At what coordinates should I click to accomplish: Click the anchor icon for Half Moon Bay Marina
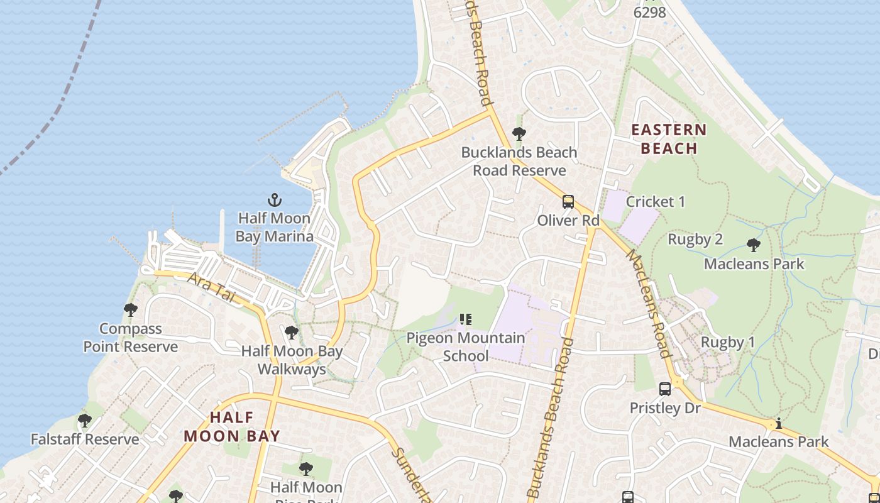275,201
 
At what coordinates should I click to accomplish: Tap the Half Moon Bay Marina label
274,228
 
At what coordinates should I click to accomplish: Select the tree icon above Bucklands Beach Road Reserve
519,134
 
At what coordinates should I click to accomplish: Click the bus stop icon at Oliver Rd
568,202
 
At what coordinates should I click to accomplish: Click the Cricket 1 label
656,202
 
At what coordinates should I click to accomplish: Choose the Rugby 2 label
695,240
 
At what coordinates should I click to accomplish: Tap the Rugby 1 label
727,343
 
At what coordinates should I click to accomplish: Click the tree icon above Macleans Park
754,245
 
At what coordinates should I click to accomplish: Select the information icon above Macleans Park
779,424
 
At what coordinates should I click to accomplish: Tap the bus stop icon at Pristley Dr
665,389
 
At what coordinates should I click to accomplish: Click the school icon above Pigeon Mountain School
466,319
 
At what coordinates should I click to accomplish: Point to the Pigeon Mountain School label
465,347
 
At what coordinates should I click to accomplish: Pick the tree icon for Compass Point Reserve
131,310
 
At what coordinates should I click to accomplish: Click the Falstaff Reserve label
85,439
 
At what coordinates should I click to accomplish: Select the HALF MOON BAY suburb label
231,426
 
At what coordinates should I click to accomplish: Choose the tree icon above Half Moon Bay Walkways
291,333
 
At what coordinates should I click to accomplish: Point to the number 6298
650,12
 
